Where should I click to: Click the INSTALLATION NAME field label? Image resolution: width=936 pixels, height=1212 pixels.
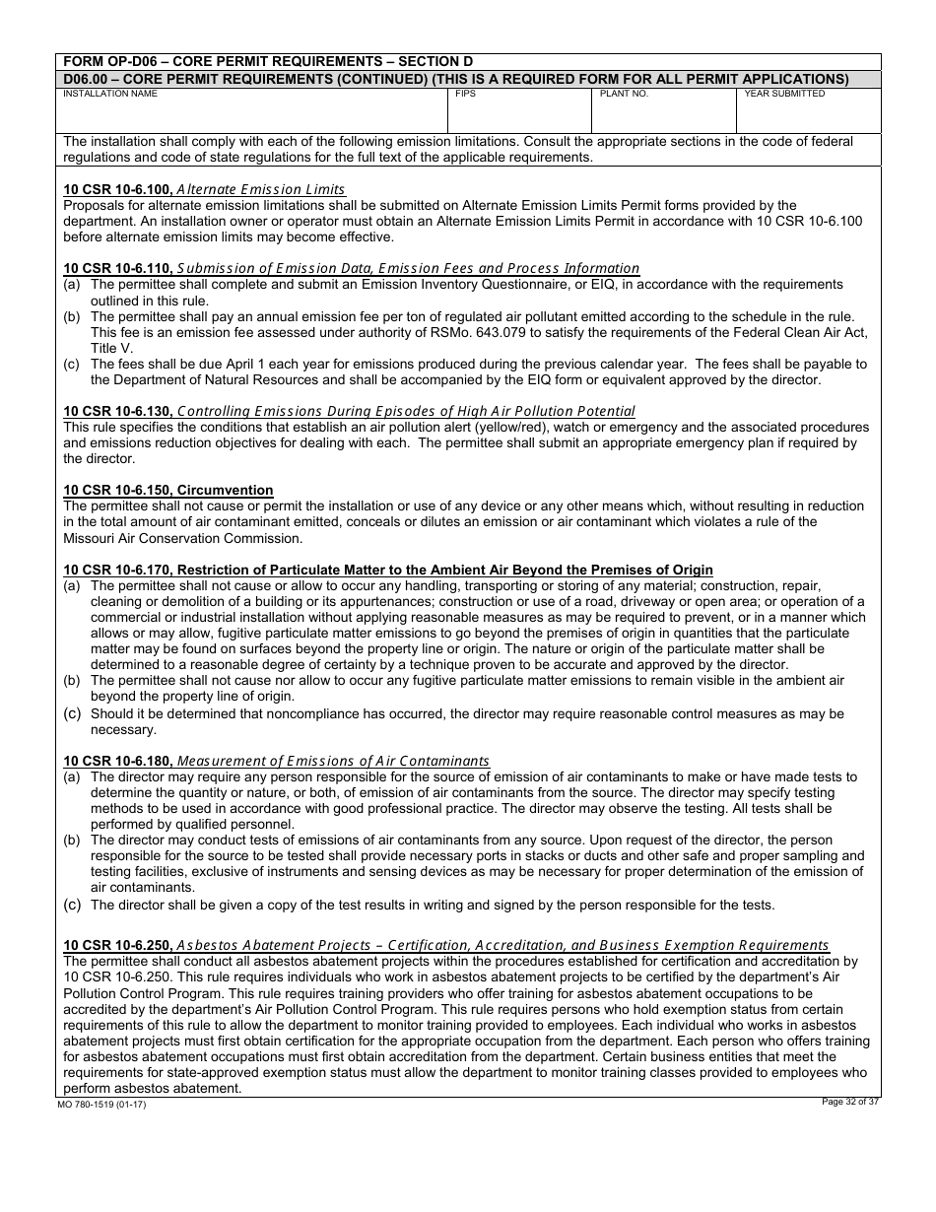(110, 94)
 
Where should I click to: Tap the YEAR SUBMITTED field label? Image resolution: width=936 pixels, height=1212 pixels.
(784, 94)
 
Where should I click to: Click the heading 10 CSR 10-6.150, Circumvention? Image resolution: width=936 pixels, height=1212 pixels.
(168, 490)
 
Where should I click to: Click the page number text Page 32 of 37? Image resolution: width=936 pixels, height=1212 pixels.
(850, 1102)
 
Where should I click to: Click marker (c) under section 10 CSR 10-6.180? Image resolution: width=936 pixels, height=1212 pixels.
(72, 904)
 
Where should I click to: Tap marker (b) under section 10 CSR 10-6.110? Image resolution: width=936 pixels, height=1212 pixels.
(72, 316)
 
